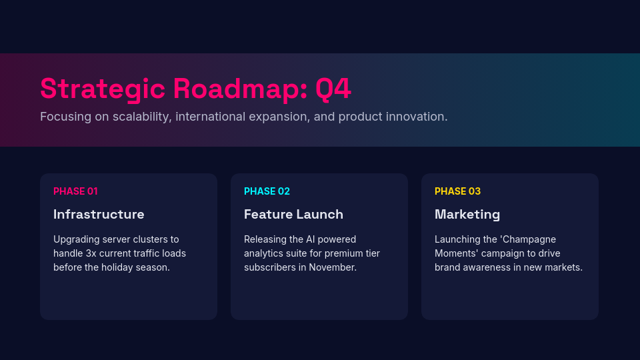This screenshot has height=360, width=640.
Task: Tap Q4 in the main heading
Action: click(x=333, y=89)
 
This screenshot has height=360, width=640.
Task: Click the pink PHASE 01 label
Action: click(x=75, y=191)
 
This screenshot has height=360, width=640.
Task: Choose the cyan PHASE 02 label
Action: click(x=267, y=191)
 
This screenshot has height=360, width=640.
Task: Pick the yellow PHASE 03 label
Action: click(x=457, y=191)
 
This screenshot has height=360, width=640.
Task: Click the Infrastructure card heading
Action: click(x=99, y=215)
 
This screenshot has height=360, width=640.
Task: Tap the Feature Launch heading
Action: click(x=293, y=215)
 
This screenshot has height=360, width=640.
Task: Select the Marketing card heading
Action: click(x=467, y=215)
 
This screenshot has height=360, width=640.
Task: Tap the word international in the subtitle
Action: click(x=213, y=117)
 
